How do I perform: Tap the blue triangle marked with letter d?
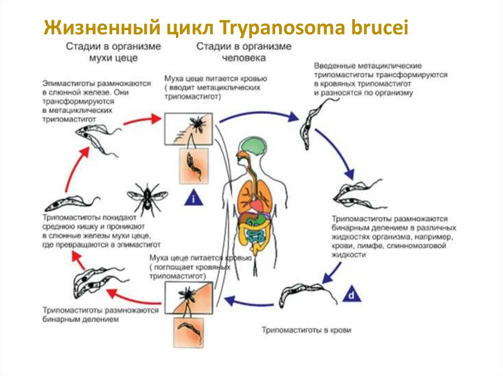coord(352,295)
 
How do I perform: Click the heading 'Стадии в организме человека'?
coord(244,51)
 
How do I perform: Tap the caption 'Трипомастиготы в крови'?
coord(307,330)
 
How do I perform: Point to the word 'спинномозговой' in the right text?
coord(417,246)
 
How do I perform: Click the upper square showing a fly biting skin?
coord(189,129)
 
